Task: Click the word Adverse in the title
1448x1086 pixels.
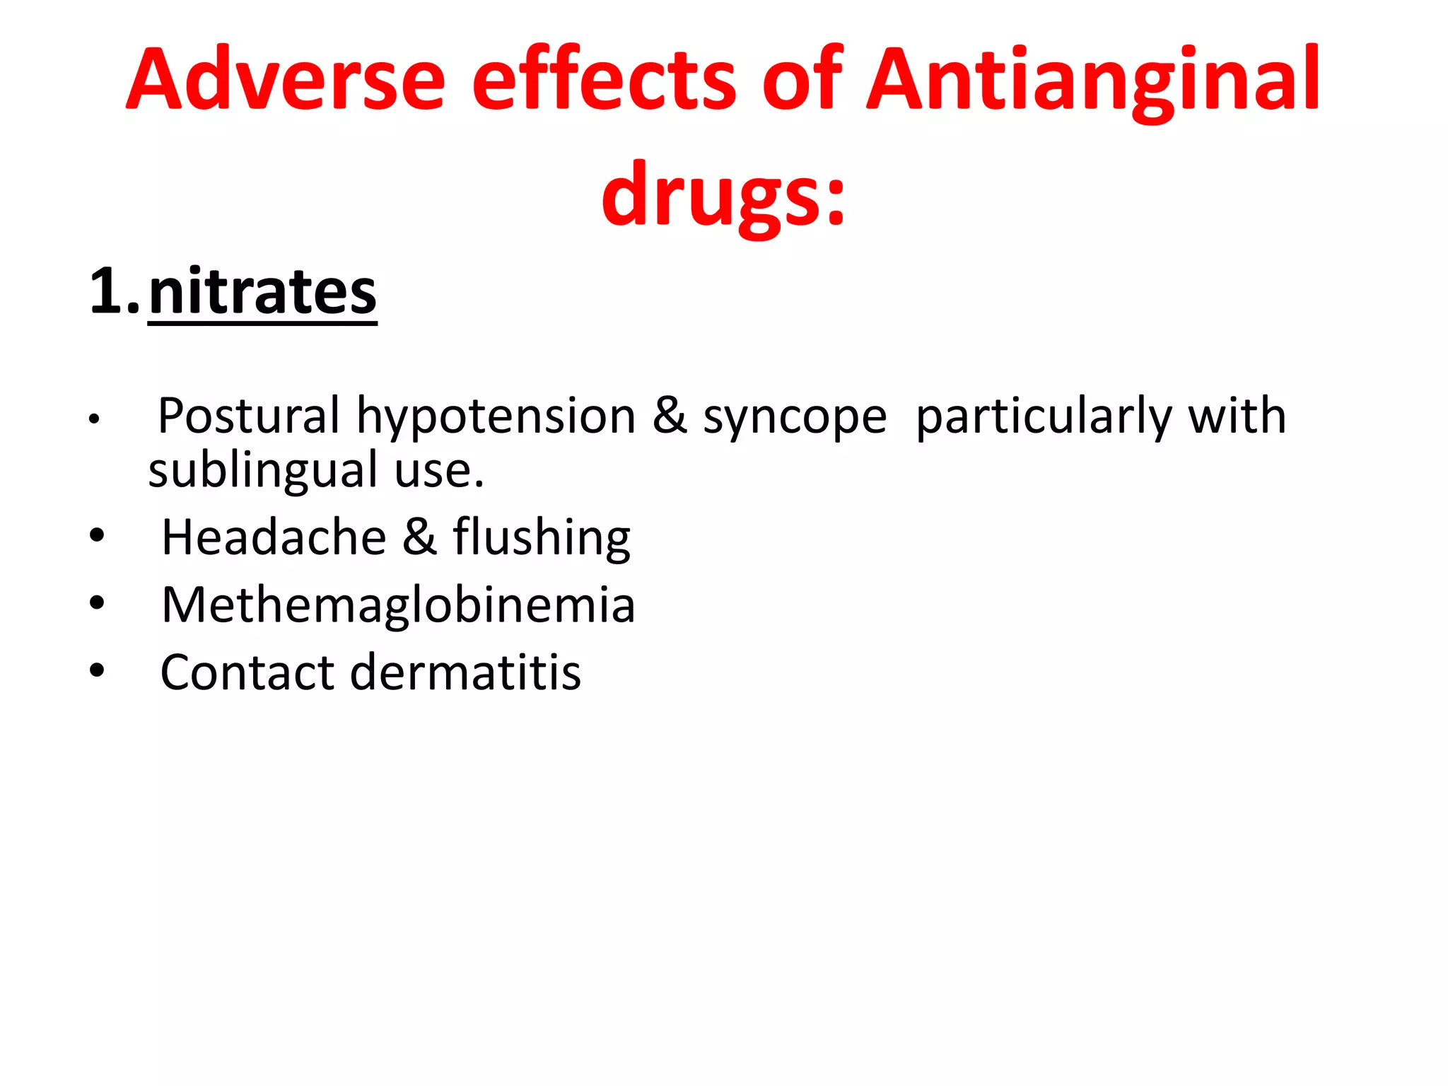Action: tap(286, 79)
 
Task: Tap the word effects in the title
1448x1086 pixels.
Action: tap(605, 79)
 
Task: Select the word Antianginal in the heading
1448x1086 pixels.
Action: tap(1093, 79)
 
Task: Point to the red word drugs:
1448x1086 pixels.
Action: tap(723, 194)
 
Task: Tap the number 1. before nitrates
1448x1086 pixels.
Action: tap(114, 291)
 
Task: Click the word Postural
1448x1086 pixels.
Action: tap(248, 416)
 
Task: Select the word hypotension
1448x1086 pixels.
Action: tap(496, 416)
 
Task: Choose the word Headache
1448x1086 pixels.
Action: tap(274, 537)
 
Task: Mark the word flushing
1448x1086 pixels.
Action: tap(542, 537)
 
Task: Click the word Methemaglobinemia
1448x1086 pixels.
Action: tap(398, 605)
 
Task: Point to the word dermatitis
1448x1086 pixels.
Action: tap(466, 672)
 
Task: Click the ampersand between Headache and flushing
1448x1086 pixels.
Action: tap(419, 537)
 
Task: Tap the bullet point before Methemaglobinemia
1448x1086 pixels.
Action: tap(97, 603)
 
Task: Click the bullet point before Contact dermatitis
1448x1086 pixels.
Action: tap(97, 670)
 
